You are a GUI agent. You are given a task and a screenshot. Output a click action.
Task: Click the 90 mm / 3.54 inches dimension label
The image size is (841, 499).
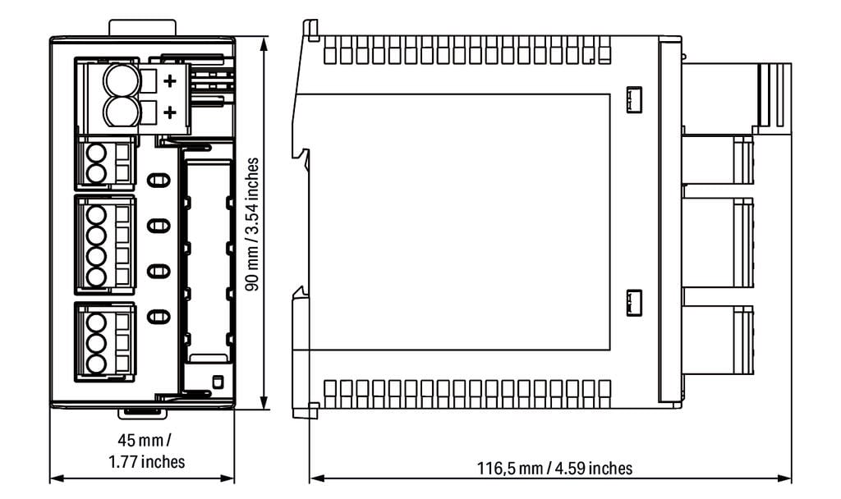[251, 224]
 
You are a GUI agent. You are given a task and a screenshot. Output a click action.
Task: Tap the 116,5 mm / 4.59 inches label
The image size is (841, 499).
[554, 468]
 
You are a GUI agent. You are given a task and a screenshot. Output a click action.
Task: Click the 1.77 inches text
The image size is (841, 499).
[146, 461]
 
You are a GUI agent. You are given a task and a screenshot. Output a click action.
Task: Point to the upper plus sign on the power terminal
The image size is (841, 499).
[170, 81]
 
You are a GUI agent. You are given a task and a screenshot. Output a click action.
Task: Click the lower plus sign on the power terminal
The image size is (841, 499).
[170, 112]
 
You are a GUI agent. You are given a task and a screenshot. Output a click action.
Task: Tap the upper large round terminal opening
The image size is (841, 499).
[122, 81]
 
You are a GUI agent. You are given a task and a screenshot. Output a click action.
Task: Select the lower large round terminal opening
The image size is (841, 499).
[122, 112]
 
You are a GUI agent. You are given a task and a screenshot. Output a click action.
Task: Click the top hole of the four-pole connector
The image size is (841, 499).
[97, 216]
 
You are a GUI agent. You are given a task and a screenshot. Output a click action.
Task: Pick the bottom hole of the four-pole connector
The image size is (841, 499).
[97, 277]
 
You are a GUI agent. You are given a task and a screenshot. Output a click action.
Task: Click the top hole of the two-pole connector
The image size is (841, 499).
[97, 153]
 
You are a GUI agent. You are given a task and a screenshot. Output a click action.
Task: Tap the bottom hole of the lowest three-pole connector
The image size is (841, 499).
[97, 364]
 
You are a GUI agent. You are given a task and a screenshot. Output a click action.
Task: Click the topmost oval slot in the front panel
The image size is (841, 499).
[159, 180]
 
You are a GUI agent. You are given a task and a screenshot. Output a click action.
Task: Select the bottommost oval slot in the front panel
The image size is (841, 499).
[159, 317]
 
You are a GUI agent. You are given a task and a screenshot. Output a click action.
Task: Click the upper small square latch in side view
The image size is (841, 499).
[634, 99]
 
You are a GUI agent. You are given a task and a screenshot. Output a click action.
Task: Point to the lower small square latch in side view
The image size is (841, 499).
[634, 303]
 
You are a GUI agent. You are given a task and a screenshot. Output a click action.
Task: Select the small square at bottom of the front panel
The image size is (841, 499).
[217, 382]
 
